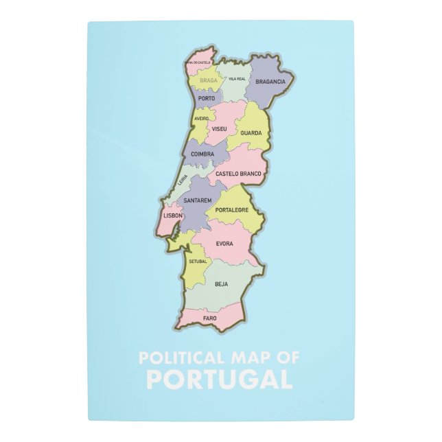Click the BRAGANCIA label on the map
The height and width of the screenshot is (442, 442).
click(x=270, y=82)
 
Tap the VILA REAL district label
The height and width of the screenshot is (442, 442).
click(x=237, y=78)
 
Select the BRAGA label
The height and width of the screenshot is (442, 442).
click(x=208, y=81)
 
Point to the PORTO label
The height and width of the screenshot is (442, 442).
click(x=206, y=99)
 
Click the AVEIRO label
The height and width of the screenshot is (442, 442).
click(x=201, y=118)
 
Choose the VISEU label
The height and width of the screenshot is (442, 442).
click(x=220, y=129)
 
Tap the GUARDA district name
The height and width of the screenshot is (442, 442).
click(x=251, y=133)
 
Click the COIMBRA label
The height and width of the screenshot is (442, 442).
click(x=202, y=154)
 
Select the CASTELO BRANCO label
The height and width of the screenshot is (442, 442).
click(x=238, y=174)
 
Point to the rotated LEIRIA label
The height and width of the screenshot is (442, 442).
click(x=183, y=181)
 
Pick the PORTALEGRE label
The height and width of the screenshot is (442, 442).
click(x=231, y=210)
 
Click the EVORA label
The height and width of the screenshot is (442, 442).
click(x=224, y=244)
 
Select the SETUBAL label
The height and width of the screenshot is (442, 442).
click(x=198, y=261)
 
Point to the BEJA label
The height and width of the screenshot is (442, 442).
click(x=221, y=284)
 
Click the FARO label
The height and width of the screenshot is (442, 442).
click(x=209, y=318)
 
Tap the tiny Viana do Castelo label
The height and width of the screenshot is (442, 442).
click(x=199, y=62)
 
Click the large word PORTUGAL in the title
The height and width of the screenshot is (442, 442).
click(x=220, y=379)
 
